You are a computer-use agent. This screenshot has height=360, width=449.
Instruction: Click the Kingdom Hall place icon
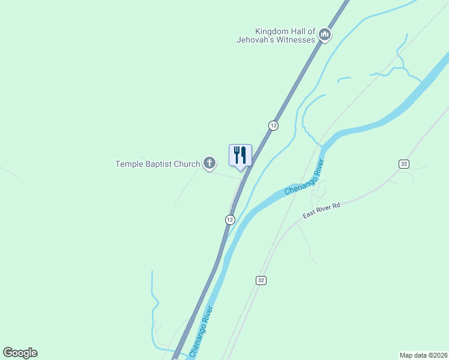pyautogui.click(x=325, y=35)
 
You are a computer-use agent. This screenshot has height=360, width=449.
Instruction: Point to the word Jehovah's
pyautogui.click(x=256, y=40)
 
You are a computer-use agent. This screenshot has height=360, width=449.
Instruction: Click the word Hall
pyautogui.click(x=303, y=31)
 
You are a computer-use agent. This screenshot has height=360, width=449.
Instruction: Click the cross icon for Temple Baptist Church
pyautogui.click(x=209, y=163)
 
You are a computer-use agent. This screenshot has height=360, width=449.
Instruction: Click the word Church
pyautogui.click(x=187, y=164)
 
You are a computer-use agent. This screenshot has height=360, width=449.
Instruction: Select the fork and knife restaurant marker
pyautogui.click(x=240, y=155)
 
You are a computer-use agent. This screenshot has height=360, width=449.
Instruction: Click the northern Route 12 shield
pyautogui.click(x=273, y=125)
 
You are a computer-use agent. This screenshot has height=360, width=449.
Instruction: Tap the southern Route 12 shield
pyautogui.click(x=230, y=220)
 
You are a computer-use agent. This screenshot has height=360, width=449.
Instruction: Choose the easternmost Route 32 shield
pyautogui.click(x=403, y=164)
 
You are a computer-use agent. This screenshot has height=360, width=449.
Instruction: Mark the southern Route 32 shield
pyautogui.click(x=260, y=280)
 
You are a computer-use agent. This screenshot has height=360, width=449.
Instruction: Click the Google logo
pyautogui.click(x=20, y=353)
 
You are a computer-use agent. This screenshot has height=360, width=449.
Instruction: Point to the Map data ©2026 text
pyautogui.click(x=423, y=355)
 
